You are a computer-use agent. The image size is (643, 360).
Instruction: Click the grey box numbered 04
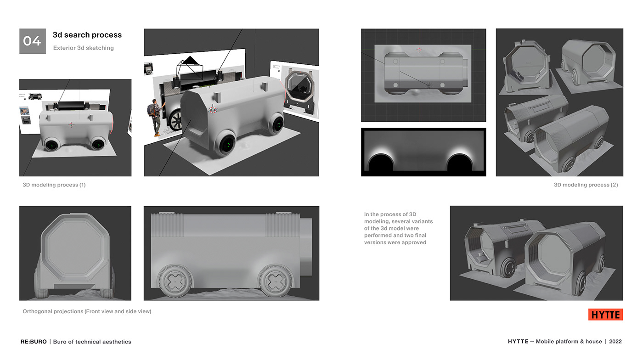click(32, 41)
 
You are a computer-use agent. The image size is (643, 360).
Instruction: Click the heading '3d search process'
click(87, 35)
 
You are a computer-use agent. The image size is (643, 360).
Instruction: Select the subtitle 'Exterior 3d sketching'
click(83, 48)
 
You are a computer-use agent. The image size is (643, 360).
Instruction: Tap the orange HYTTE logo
click(605, 315)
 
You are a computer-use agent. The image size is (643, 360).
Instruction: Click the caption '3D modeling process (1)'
click(54, 185)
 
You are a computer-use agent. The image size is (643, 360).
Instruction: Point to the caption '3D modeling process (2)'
click(586, 185)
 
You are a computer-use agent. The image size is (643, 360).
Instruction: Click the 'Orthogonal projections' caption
click(87, 311)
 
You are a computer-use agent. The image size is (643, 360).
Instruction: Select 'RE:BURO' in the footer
click(34, 342)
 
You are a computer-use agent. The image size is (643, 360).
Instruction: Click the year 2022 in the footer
click(615, 342)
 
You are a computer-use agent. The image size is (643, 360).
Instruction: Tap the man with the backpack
click(156, 117)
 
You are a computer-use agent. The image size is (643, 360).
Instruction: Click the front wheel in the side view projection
click(174, 281)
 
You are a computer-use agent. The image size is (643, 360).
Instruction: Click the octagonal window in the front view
click(75, 248)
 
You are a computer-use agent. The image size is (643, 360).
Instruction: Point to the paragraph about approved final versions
click(398, 228)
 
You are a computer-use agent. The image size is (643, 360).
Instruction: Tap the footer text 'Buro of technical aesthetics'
click(92, 342)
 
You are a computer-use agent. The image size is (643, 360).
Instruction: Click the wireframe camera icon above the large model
click(190, 69)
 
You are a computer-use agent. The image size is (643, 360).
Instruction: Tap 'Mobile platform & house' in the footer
click(569, 342)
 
